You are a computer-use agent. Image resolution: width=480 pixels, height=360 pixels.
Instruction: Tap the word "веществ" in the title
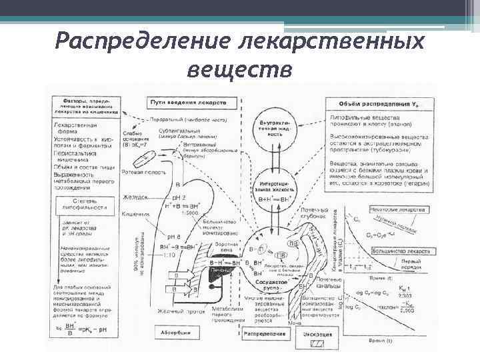tap(240, 69)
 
